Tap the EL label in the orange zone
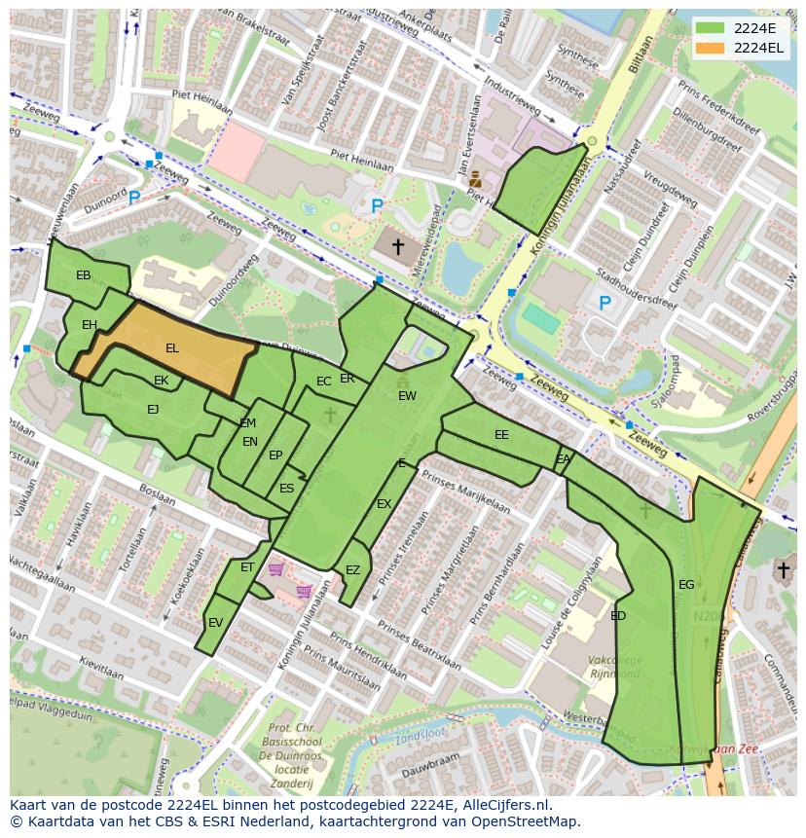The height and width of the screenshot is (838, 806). (x=172, y=348)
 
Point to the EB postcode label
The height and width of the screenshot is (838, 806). (x=84, y=275)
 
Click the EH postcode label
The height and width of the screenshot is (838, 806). (x=90, y=325)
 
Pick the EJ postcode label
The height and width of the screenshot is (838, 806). (x=153, y=410)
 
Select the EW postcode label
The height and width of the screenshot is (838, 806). (x=407, y=396)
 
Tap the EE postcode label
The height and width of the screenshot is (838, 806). (x=501, y=435)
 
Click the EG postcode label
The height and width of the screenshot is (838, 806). (x=686, y=585)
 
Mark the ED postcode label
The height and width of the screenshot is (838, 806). (x=618, y=616)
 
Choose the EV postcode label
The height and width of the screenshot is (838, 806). (x=215, y=623)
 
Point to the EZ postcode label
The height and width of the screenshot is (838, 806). (x=352, y=570)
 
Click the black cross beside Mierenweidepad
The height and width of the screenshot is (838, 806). (x=397, y=247)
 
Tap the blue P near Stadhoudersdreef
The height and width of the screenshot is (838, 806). (x=604, y=304)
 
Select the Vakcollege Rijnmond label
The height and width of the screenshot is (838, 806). (x=614, y=667)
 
